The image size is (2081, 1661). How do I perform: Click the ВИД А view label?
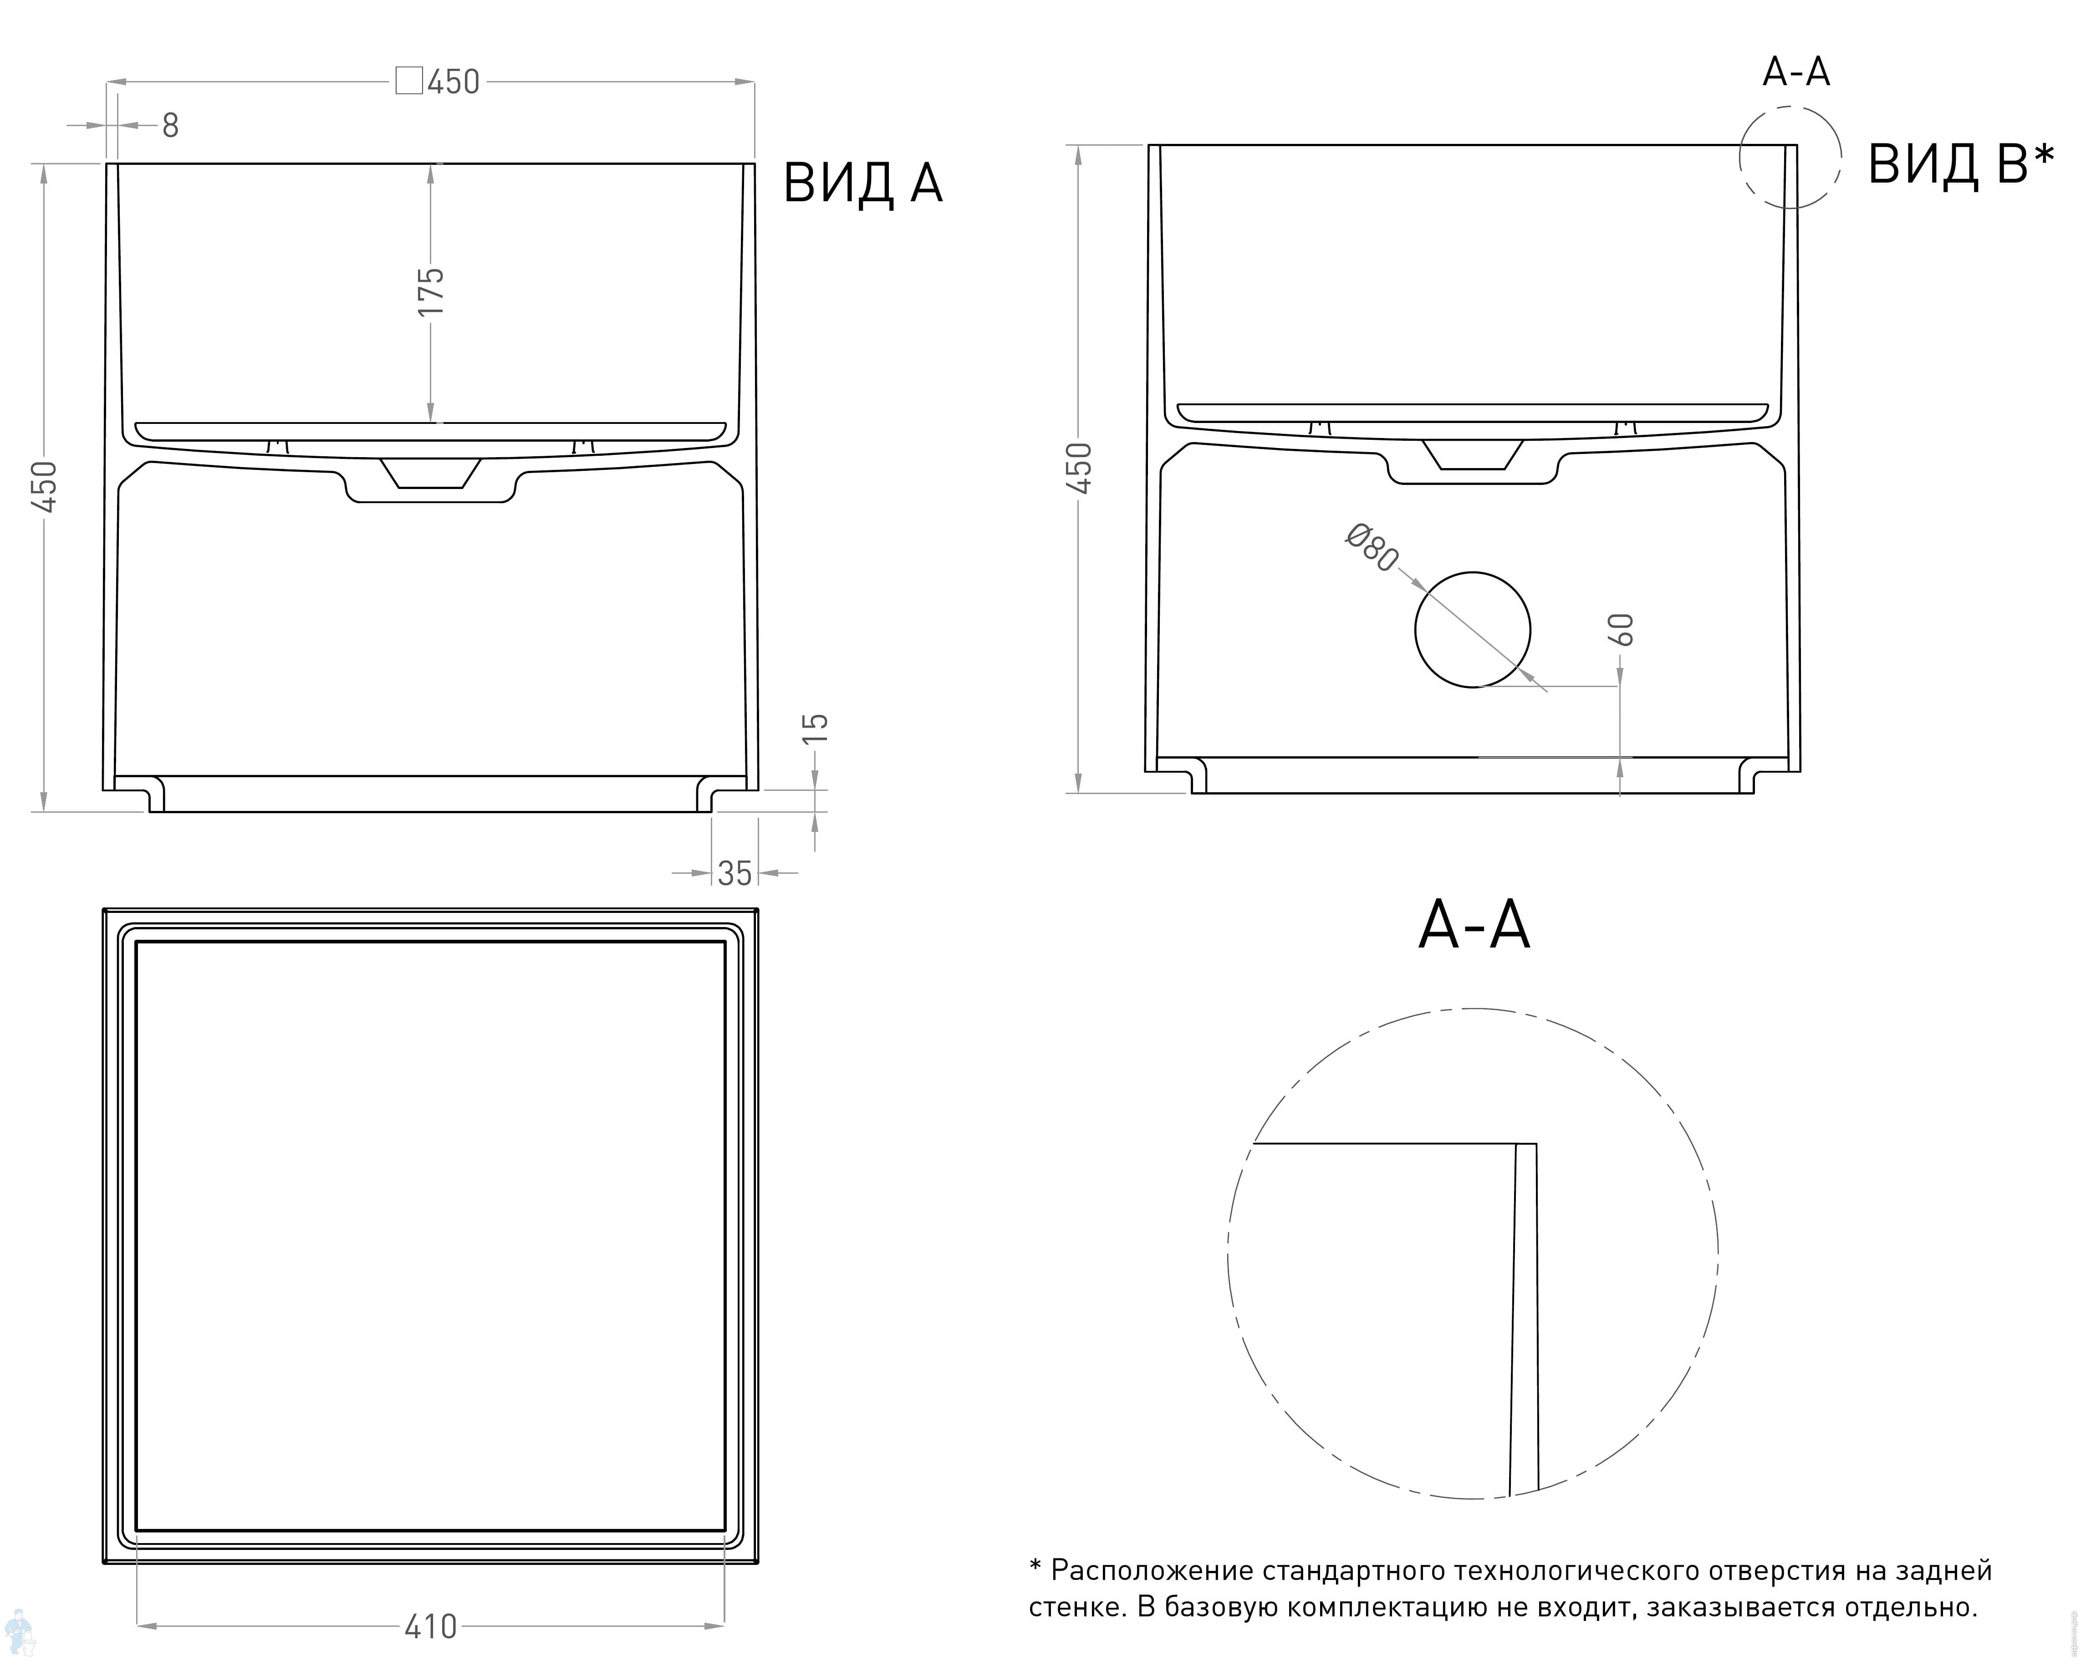click(x=862, y=183)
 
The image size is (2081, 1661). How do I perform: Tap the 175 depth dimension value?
click(x=430, y=291)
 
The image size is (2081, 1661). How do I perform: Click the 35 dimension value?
click(x=734, y=873)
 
